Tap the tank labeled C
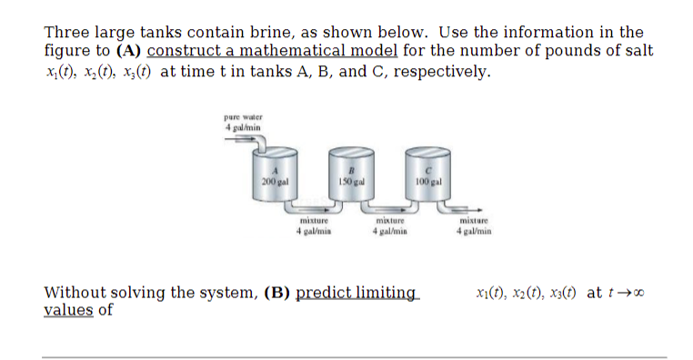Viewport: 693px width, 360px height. pos(427,176)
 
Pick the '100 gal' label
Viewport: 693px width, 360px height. pos(427,182)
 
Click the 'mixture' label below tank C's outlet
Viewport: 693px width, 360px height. pos(474,221)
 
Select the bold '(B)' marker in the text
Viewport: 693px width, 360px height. pos(278,293)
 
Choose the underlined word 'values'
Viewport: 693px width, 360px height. pos(68,310)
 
